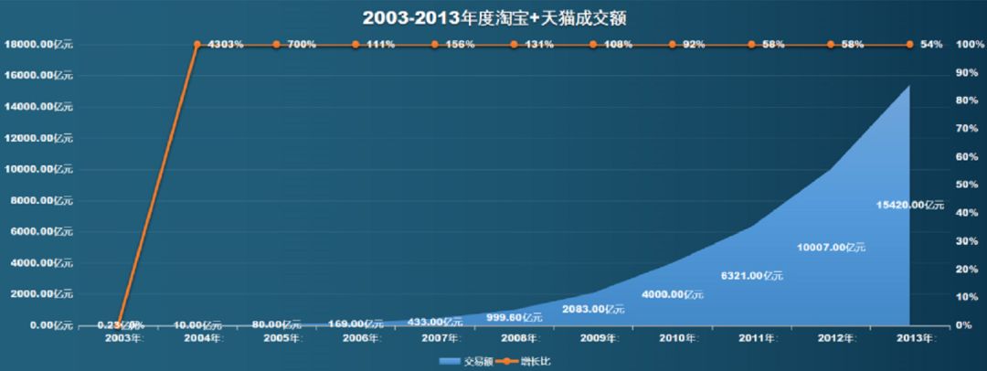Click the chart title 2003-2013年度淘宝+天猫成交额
(493, 17)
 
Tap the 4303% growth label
(225, 44)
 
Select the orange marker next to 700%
(276, 44)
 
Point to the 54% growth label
(929, 44)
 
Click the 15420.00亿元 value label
(909, 205)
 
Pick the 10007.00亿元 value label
(831, 247)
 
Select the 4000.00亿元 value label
(673, 294)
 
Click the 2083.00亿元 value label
(593, 309)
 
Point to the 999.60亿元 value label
(514, 317)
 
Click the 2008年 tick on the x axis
(514, 339)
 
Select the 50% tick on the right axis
(966, 185)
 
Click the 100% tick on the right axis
(966, 44)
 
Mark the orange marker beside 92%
(673, 44)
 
